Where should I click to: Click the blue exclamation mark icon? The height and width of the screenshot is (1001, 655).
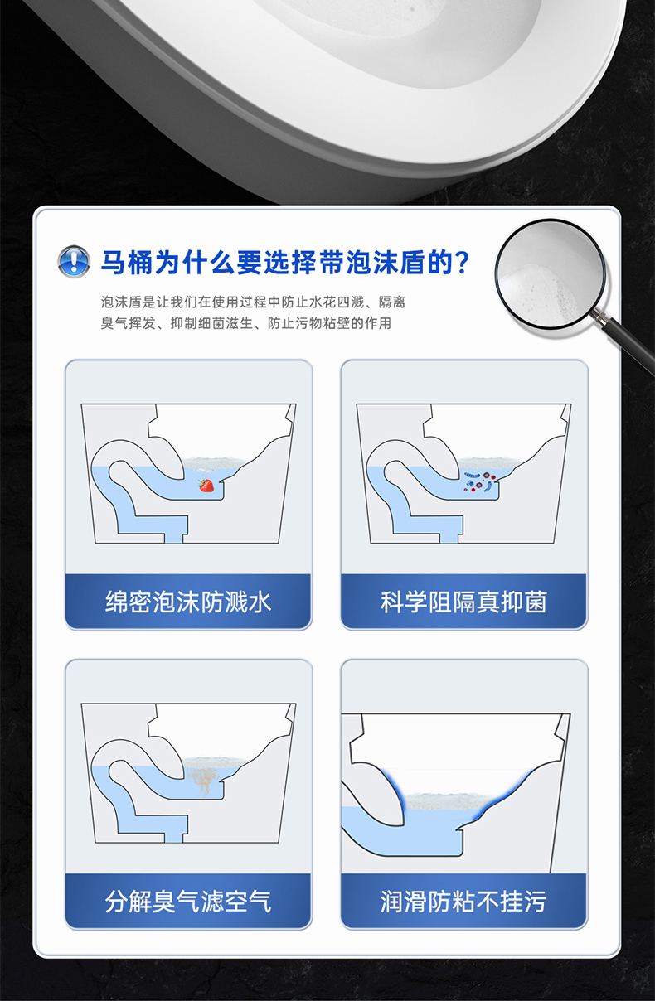[74, 261]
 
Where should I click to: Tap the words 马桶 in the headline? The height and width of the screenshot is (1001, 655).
[127, 263]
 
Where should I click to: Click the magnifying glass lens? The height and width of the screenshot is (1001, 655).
[551, 274]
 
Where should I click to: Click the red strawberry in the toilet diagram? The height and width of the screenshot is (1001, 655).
[206, 485]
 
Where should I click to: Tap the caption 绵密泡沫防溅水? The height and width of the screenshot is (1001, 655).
[188, 602]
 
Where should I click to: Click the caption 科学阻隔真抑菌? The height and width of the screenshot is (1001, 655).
[463, 602]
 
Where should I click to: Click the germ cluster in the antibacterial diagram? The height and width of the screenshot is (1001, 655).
[479, 481]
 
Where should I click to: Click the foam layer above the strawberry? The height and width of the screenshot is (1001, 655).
[214, 462]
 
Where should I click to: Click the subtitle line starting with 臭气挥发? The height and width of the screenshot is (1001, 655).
[246, 323]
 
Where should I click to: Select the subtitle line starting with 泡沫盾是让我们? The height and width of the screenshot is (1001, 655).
[253, 302]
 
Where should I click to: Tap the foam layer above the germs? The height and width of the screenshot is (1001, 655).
[489, 462]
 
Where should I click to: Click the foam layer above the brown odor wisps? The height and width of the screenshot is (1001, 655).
[214, 762]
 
